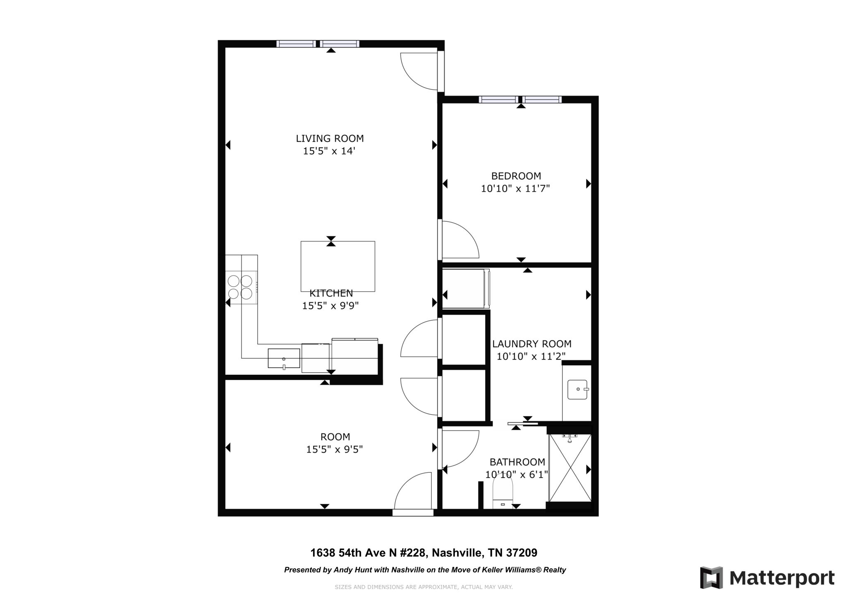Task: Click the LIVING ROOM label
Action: (x=330, y=138)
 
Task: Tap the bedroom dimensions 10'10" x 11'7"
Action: (x=515, y=189)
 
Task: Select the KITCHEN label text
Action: (x=331, y=293)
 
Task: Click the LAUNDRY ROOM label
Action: (x=532, y=344)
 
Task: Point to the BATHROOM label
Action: (x=517, y=462)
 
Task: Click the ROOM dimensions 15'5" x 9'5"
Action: (x=335, y=449)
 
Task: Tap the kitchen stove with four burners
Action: (x=241, y=288)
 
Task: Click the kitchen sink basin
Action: (x=284, y=358)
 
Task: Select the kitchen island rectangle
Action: (x=338, y=266)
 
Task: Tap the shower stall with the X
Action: (x=570, y=468)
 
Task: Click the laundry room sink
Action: (x=577, y=390)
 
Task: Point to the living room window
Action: (x=318, y=44)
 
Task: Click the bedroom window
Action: (x=520, y=100)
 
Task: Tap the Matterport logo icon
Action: (x=711, y=577)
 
